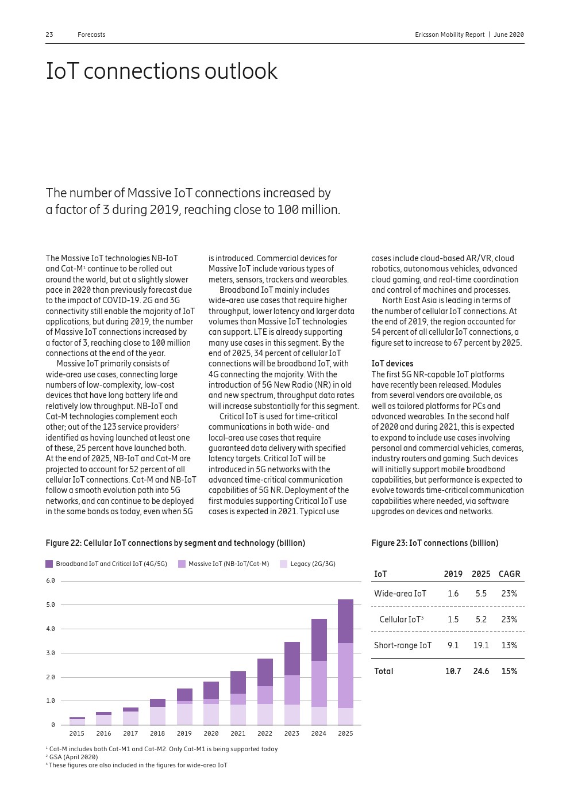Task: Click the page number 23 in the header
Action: pos(49,35)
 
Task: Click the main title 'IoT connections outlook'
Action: pos(161,71)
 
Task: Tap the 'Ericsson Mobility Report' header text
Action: pos(449,35)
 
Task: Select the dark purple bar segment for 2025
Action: pos(345,621)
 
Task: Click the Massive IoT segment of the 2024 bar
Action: pos(319,684)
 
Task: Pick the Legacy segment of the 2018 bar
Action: pos(157,716)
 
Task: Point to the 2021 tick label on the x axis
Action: pos(238,733)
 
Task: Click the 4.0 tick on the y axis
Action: pos(51,629)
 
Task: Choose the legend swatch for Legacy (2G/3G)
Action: pos(283,564)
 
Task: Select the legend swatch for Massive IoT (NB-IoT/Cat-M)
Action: pos(182,564)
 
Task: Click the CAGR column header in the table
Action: pos(509,574)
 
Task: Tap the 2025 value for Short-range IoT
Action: pos(481,645)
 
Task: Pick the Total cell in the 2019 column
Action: pos(453,671)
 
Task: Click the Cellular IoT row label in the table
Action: pos(401,619)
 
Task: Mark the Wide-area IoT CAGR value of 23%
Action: pos(509,594)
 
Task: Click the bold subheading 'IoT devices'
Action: pos(392,364)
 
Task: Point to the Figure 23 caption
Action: pos(434,543)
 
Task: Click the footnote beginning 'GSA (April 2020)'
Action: pos(73,757)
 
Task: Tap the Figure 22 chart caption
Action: pos(175,543)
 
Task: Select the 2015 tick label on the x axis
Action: pos(77,733)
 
